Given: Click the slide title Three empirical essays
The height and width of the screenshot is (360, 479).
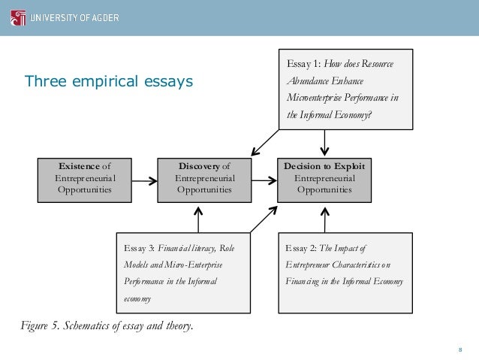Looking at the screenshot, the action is click(x=109, y=80).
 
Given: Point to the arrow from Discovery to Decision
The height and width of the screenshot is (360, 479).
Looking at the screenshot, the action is click(x=264, y=180).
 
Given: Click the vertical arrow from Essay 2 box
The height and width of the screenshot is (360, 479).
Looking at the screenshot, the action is click(x=324, y=217).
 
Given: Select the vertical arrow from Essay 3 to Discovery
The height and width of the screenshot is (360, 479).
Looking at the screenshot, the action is click(x=197, y=217).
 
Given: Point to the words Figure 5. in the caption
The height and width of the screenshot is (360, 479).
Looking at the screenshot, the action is click(x=43, y=325).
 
